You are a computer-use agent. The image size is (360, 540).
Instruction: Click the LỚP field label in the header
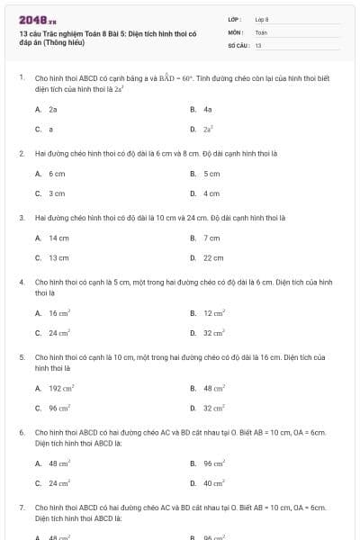click(x=233, y=18)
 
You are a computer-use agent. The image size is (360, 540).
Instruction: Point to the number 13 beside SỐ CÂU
click(x=258, y=44)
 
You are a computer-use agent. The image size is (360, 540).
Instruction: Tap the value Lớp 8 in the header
click(x=262, y=18)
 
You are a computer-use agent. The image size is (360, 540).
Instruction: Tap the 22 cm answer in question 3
click(x=213, y=257)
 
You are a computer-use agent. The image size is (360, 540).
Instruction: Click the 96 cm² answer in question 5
click(x=59, y=407)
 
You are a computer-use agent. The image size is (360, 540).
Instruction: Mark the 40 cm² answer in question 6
click(x=213, y=482)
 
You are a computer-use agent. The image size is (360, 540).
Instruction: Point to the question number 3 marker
click(x=21, y=217)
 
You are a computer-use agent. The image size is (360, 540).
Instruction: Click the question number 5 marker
click(x=21, y=357)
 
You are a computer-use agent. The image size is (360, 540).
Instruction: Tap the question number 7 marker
click(x=21, y=508)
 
